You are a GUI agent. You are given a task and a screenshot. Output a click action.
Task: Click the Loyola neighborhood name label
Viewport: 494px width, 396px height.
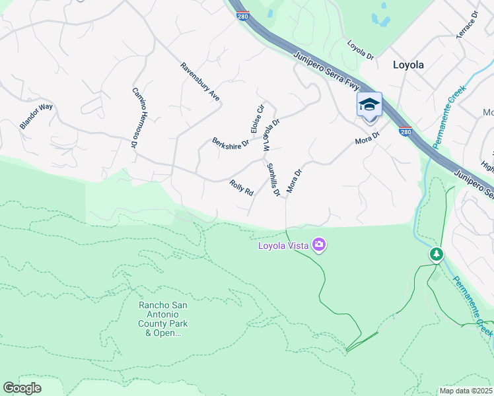(x=408, y=65)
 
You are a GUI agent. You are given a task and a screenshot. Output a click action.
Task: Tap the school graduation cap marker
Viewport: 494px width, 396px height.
(x=369, y=105)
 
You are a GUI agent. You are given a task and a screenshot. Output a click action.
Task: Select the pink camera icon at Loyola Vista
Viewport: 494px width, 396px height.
(x=320, y=246)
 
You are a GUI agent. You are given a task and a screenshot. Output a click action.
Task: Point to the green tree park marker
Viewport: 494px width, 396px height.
(x=436, y=254)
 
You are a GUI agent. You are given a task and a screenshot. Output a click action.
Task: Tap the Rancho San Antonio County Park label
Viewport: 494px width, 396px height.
(x=163, y=319)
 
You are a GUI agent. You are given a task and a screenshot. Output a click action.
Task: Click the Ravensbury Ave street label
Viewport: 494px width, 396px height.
(x=200, y=82)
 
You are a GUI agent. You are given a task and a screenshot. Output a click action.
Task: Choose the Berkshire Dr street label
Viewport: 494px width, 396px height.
(x=230, y=143)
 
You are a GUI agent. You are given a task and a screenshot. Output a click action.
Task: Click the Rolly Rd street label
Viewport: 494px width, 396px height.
(x=242, y=187)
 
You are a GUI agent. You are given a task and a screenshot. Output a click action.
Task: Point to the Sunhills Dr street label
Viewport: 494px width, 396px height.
(x=273, y=179)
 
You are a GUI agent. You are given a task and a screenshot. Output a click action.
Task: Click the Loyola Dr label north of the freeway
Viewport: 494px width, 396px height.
(x=361, y=50)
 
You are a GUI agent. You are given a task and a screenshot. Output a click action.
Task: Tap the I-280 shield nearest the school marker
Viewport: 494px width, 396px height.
(x=406, y=131)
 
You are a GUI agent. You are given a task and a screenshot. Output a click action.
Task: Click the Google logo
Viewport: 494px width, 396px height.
(x=22, y=388)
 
